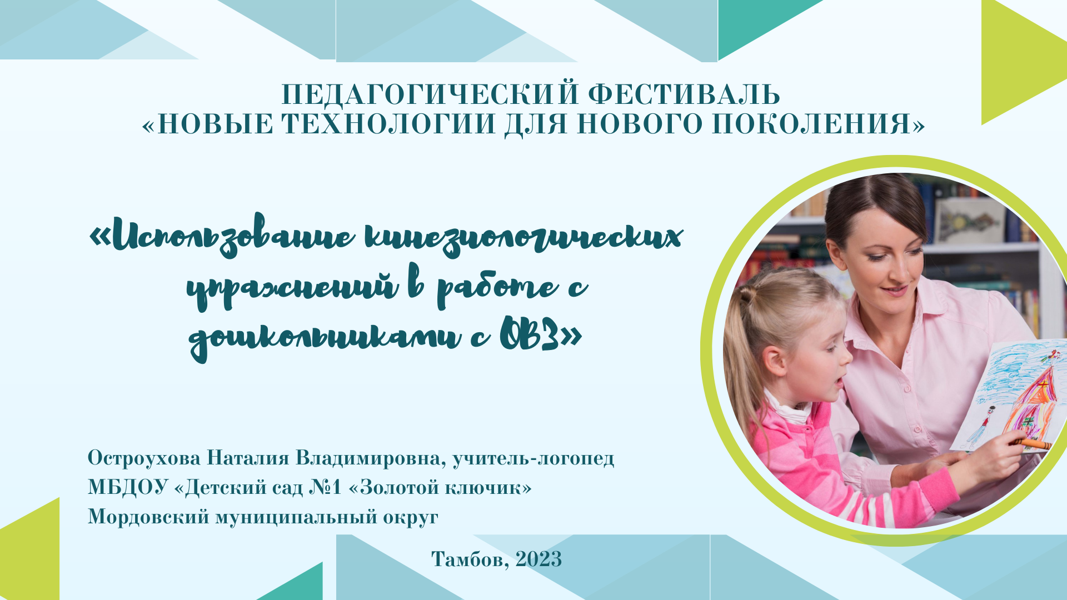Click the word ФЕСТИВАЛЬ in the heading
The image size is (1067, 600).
[x=684, y=94]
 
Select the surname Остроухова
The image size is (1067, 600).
[x=144, y=458]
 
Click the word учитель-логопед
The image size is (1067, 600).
[x=533, y=458]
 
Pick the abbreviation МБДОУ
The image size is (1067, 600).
[x=128, y=487]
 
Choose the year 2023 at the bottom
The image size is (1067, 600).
[x=539, y=559]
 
